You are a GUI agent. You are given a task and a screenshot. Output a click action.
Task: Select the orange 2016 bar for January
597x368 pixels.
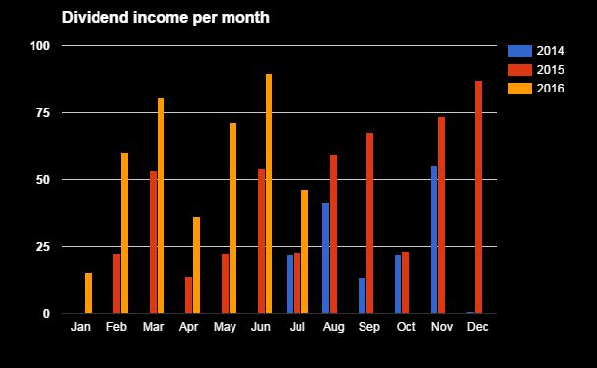[89, 293]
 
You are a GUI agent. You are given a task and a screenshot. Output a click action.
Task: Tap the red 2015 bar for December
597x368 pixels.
[479, 197]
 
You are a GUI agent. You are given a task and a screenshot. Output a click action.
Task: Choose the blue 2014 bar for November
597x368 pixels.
[434, 240]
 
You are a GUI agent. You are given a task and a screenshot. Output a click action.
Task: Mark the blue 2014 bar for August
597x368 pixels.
[326, 258]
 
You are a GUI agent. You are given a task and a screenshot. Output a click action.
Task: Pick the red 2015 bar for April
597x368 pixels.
[189, 295]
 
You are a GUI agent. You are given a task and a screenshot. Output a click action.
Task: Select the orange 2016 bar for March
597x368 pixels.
[161, 206]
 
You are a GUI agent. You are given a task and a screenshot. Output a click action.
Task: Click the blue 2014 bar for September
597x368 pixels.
[362, 296]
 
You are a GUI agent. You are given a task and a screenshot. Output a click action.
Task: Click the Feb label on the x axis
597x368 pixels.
[116, 326]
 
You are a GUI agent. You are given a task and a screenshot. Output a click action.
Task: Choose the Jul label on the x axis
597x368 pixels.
[298, 326]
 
